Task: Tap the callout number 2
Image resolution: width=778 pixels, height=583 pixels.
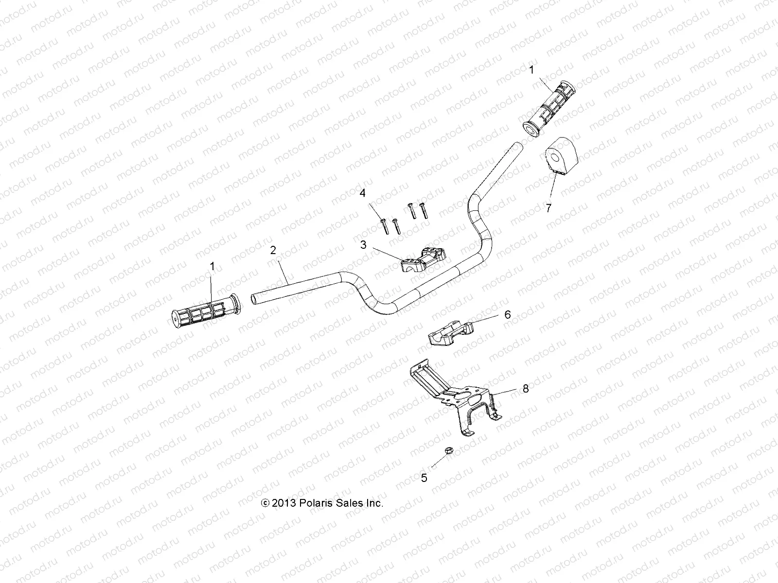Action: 273,250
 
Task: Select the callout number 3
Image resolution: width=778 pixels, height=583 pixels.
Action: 363,245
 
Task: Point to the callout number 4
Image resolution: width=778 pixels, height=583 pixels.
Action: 362,194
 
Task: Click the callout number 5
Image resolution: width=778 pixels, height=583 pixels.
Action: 424,478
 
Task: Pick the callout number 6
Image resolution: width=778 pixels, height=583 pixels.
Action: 508,315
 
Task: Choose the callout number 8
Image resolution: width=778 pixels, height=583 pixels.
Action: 525,389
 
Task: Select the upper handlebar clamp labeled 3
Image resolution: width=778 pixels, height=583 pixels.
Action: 424,259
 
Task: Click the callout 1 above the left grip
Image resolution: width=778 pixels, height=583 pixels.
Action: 212,266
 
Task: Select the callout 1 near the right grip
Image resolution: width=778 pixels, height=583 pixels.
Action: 531,70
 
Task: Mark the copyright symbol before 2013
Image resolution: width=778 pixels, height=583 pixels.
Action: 265,503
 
